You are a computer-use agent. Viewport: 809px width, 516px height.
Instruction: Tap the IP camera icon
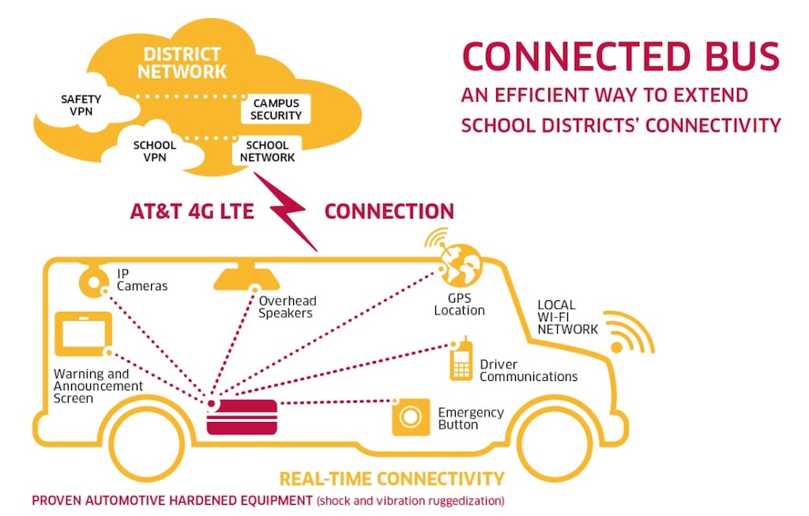click(93, 280)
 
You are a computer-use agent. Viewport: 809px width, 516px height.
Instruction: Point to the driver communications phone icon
click(461, 361)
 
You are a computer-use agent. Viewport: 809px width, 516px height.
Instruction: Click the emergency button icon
click(411, 417)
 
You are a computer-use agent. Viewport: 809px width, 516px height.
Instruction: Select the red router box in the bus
click(242, 416)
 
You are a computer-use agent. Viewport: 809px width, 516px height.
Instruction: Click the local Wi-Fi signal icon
click(630, 336)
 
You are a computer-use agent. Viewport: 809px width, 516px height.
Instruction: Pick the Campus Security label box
click(277, 110)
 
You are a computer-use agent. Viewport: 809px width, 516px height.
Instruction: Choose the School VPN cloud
click(155, 151)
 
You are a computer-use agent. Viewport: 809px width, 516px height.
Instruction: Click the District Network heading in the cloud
click(182, 63)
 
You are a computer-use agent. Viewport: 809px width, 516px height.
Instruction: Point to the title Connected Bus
click(620, 58)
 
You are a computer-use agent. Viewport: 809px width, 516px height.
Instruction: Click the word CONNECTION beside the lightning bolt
click(389, 211)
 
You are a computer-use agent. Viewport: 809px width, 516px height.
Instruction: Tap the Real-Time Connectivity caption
click(391, 478)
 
